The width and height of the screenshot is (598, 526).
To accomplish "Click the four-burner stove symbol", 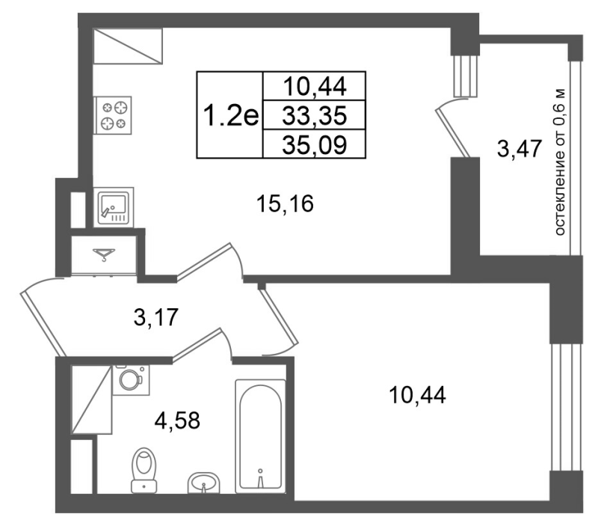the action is click(x=113, y=115).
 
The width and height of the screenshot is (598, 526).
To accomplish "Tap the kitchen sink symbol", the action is click(x=114, y=208).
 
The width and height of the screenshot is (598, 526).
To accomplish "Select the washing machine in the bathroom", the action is click(x=131, y=380).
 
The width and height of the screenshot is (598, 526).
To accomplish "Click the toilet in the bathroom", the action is click(x=144, y=471).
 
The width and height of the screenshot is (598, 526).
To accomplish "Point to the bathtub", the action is click(x=260, y=436).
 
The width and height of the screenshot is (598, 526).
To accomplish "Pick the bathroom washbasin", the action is click(x=203, y=483).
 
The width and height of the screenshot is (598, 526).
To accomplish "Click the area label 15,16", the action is click(x=285, y=203).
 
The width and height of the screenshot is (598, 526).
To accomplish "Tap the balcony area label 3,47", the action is click(x=520, y=149).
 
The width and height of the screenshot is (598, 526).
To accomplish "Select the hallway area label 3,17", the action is click(x=156, y=317).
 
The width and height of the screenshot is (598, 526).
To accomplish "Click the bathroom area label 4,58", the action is click(x=177, y=421).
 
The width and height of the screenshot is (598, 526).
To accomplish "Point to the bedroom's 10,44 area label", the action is click(x=417, y=395).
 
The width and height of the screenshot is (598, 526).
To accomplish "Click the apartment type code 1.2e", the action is click(x=231, y=115).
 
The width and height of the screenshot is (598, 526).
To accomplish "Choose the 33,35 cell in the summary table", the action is click(x=315, y=115).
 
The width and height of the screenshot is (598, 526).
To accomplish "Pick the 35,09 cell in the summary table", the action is click(x=315, y=144).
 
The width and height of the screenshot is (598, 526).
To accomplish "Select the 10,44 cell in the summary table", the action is click(x=315, y=86).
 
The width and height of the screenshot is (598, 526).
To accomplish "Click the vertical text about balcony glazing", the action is click(x=559, y=162).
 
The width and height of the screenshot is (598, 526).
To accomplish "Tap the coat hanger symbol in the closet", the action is click(x=104, y=254).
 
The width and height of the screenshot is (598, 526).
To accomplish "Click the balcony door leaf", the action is click(x=452, y=132).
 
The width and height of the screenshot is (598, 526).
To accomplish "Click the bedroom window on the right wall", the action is click(x=566, y=407).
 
